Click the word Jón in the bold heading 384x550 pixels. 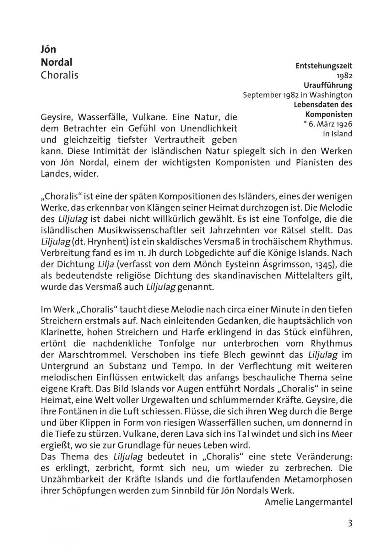48,49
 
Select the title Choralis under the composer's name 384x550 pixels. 59,75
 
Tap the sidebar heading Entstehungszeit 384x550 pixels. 324,66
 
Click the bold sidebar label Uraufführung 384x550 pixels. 328,85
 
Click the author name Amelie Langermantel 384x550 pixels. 308,502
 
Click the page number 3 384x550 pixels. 350,524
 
